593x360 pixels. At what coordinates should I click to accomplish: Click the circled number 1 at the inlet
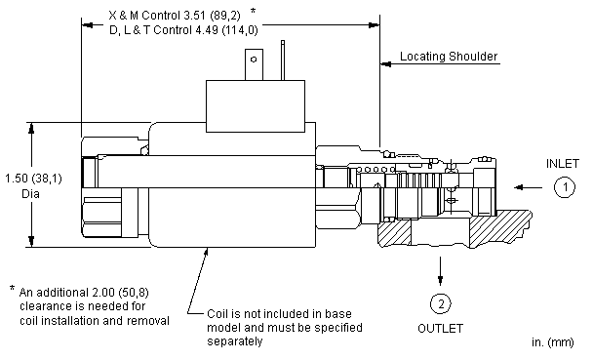pyautogui.click(x=565, y=187)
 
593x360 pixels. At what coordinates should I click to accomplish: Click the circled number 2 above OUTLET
pyautogui.click(x=441, y=303)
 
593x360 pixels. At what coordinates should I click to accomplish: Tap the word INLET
pyautogui.click(x=563, y=164)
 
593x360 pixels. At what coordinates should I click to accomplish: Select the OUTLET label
pyautogui.click(x=440, y=328)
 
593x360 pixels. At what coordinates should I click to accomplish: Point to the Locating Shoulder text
pyautogui.click(x=449, y=57)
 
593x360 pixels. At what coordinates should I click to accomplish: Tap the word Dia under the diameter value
pyautogui.click(x=30, y=194)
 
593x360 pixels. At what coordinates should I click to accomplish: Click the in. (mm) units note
pyautogui.click(x=553, y=342)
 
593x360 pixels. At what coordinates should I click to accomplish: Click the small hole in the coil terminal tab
pyautogui.click(x=254, y=59)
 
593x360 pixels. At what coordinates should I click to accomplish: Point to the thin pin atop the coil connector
pyautogui.click(x=283, y=60)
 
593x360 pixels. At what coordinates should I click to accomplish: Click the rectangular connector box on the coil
pyautogui.click(x=256, y=106)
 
